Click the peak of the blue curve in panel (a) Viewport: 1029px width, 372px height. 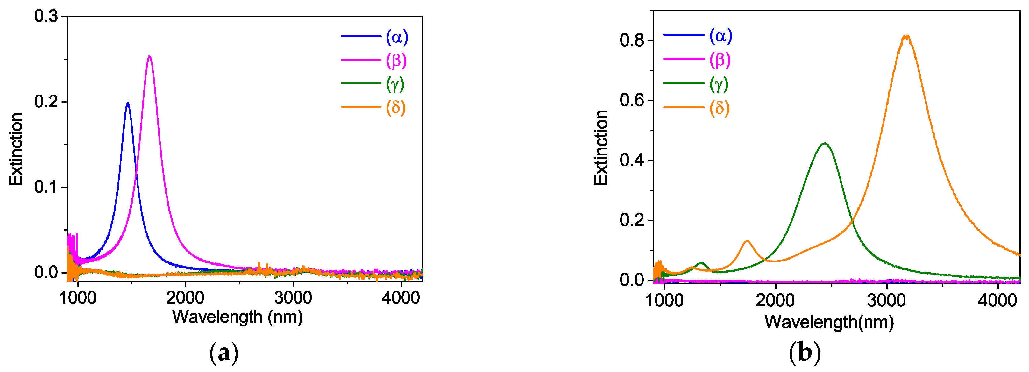point(128,103)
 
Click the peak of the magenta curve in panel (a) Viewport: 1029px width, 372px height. point(149,56)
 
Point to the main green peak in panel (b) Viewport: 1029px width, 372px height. point(825,143)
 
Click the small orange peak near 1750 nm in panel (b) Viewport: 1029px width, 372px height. point(747,241)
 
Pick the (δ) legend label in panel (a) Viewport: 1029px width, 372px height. point(395,107)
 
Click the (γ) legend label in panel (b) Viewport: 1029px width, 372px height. point(719,84)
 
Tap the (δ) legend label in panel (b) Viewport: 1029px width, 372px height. point(719,108)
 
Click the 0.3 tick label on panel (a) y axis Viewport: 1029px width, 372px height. point(46,16)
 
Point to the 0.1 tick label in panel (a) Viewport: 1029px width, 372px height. point(46,187)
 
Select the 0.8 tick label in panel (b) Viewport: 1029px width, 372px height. point(632,40)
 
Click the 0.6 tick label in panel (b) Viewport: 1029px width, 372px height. point(632,100)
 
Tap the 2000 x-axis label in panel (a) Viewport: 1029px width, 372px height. point(185,298)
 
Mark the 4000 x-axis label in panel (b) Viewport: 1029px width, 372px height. point(997,300)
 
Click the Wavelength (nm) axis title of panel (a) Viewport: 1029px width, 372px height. point(237,317)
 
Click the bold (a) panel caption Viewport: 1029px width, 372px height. point(224,353)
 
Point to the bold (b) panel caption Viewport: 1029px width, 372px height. point(805,353)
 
